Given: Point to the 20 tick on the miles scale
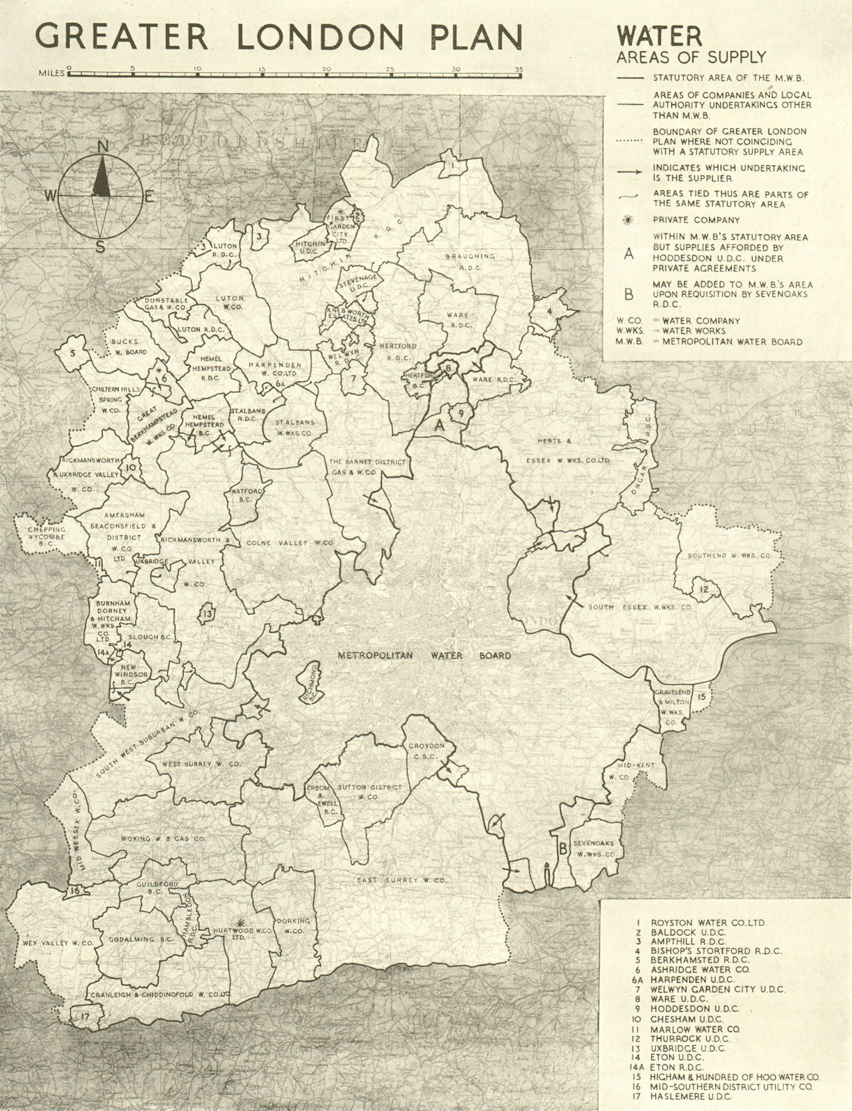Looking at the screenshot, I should coord(326,69).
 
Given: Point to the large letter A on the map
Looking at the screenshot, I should coord(438,426).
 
